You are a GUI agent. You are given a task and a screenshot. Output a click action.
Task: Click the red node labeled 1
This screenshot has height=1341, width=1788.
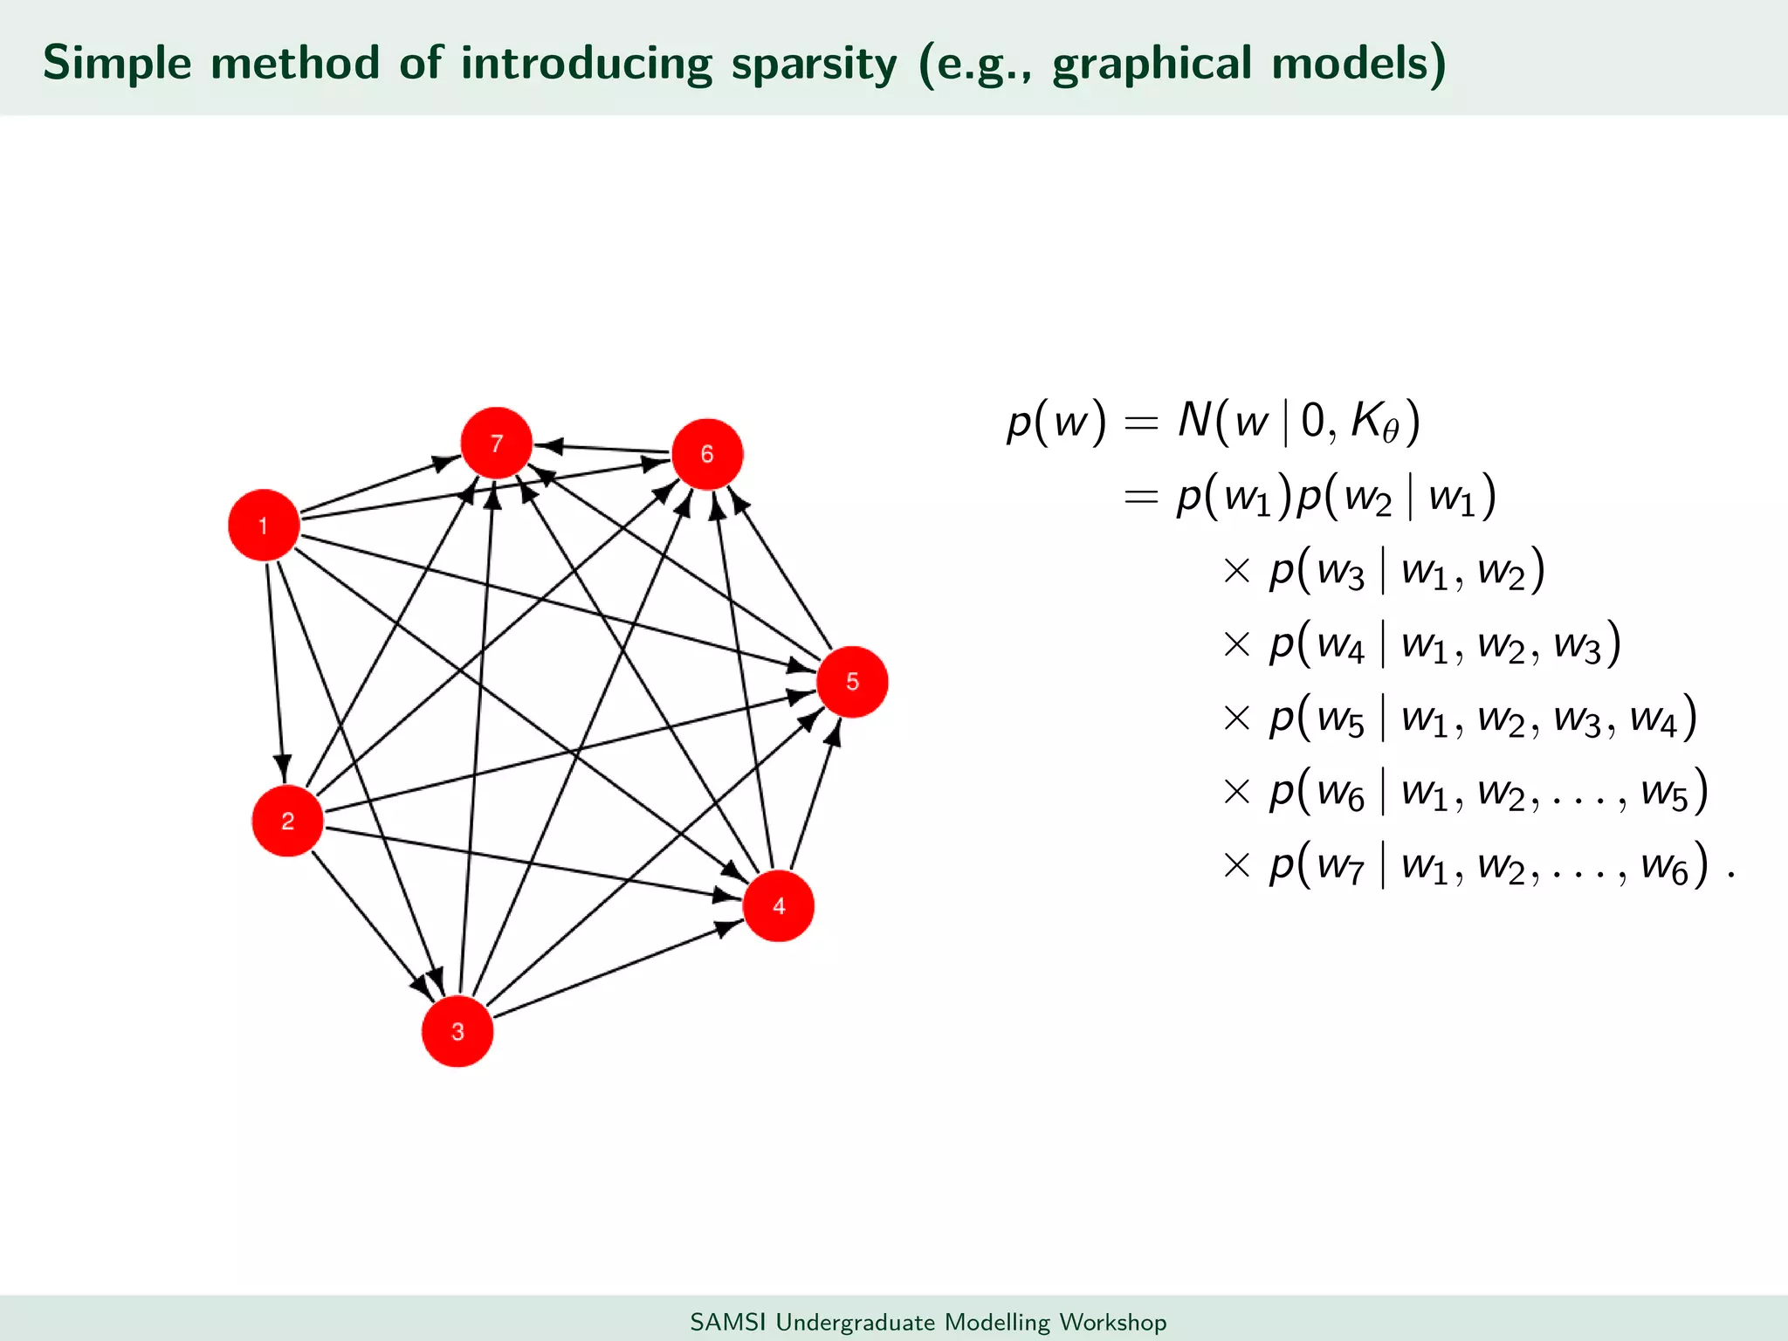pyautogui.click(x=264, y=525)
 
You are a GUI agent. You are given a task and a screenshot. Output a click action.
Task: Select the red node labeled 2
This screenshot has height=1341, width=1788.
pyautogui.click(x=287, y=821)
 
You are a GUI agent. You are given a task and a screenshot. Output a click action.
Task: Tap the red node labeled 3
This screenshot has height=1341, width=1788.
pyautogui.click(x=457, y=1031)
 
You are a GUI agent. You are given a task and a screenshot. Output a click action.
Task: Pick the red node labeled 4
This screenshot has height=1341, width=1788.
pyautogui.click(x=779, y=906)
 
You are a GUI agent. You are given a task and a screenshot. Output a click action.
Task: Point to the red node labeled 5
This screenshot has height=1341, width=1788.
pyautogui.click(x=852, y=682)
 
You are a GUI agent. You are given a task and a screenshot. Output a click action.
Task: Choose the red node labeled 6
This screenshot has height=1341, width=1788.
pyautogui.click(x=707, y=454)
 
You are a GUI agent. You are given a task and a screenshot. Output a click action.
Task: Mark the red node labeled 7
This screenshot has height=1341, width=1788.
pyautogui.click(x=497, y=444)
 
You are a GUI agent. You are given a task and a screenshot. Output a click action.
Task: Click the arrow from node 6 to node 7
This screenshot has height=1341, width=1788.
pyautogui.click(x=602, y=449)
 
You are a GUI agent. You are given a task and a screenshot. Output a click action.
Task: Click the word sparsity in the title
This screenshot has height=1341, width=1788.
pyautogui.click(x=815, y=64)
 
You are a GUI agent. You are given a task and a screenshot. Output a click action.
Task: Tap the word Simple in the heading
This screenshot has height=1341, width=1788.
pyautogui.click(x=117, y=64)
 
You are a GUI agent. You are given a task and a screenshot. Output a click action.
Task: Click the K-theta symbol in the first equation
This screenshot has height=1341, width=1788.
pyautogui.click(x=1373, y=422)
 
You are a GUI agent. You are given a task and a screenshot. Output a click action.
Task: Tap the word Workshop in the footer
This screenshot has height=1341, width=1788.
pyautogui.click(x=1112, y=1322)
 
